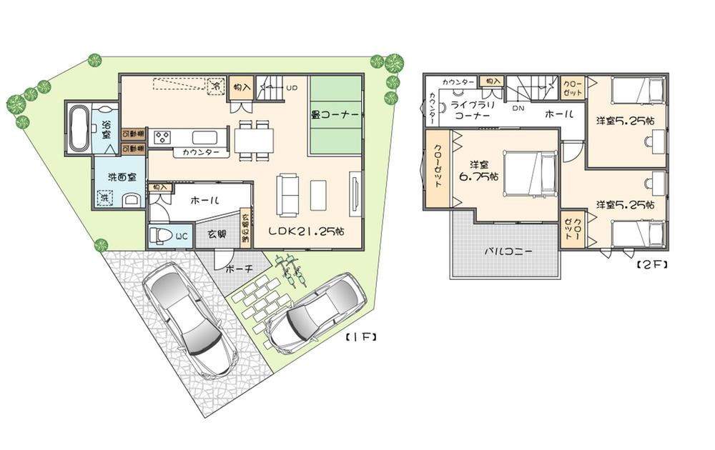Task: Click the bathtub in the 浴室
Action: pyautogui.click(x=78, y=129)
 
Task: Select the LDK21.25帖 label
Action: pyautogui.click(x=307, y=231)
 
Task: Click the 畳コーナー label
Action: pyautogui.click(x=335, y=113)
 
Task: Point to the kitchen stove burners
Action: pyautogui.click(x=160, y=136)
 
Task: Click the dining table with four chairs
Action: pyautogui.click(x=254, y=139)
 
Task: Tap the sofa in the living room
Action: pyautogui.click(x=289, y=194)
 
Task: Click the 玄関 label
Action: pyautogui.click(x=217, y=234)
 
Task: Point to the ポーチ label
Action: pyautogui.click(x=237, y=269)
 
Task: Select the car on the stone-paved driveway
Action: pyautogui.click(x=188, y=318)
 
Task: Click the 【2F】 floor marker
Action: pyautogui.click(x=651, y=264)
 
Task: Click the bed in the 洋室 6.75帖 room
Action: pyautogui.click(x=529, y=173)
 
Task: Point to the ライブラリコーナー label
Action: pyautogui.click(x=470, y=110)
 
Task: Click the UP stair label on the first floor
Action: pyautogui.click(x=292, y=88)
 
